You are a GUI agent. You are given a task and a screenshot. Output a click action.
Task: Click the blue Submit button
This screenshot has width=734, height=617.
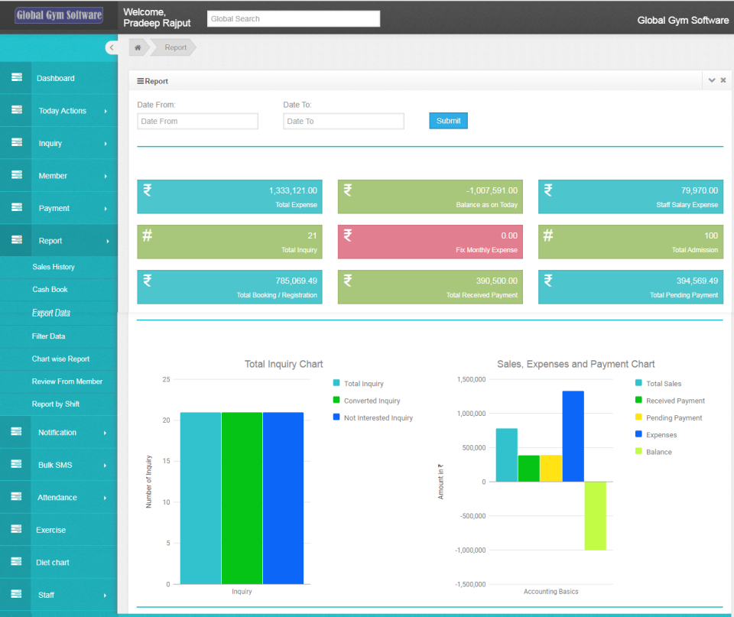(448, 121)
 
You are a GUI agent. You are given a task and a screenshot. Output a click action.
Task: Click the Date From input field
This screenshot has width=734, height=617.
(197, 121)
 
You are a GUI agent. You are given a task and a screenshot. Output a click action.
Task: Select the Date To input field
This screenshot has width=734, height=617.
(343, 121)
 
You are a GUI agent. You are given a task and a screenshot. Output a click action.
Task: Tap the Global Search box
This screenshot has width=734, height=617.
(293, 18)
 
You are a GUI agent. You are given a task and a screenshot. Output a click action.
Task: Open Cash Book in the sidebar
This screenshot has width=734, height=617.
(50, 290)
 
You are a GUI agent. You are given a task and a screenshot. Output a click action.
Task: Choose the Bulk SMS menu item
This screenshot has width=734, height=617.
(55, 465)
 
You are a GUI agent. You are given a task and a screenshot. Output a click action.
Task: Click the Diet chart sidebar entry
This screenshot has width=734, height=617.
(52, 562)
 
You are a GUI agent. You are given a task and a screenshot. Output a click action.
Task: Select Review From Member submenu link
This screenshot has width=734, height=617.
(67, 382)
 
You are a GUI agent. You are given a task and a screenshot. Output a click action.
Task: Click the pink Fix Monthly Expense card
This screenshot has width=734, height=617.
(430, 242)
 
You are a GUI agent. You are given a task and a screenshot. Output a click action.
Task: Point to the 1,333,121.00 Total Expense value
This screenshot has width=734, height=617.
(293, 190)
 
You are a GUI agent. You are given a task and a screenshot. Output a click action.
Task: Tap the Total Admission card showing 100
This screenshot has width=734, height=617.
(630, 242)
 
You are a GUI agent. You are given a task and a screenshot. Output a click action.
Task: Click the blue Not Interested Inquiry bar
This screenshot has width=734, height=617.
(283, 498)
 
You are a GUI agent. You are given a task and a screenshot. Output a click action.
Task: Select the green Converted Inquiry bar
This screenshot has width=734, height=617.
(242, 498)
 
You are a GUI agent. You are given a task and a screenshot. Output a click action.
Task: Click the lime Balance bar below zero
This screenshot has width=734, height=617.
(596, 515)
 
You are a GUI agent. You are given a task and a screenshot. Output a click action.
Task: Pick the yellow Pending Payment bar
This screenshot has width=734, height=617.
(551, 468)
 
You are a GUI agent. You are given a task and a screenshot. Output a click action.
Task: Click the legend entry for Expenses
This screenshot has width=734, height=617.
(661, 435)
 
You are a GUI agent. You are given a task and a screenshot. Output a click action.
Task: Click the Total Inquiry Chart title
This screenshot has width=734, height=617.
(284, 364)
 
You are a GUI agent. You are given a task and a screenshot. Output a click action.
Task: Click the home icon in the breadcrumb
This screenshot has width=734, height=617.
(138, 47)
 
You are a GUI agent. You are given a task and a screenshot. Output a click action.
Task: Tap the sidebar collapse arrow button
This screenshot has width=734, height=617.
(112, 47)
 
